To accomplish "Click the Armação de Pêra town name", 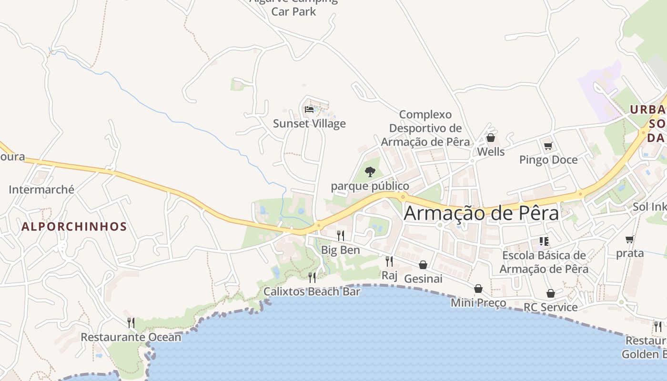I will pos(481,213).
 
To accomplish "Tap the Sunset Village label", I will pos(309,124).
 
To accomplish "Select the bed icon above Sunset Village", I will pos(309,109).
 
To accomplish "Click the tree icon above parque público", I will pos(370,171).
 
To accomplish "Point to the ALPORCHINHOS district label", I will pos(74,227).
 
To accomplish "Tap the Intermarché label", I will pos(41,190).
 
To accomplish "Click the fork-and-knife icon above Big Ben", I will pos(340,235).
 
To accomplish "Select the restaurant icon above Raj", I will pos(389,261).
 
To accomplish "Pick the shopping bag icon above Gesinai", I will pos(423,264).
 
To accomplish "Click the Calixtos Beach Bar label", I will pos(312,291).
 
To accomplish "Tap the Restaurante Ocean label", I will pos(131,337).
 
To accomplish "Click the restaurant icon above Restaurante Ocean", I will pos(131,323).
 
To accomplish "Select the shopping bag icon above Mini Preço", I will pos(478,289).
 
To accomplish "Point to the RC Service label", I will pos(550,307).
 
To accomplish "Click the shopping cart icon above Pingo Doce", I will pos(548,146).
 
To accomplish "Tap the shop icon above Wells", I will pos(491,138).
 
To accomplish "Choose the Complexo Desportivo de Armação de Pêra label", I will pos(425,128).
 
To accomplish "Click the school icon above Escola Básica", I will pos(544,241).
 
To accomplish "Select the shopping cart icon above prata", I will pos(630,239).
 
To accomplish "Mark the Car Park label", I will pos(293,11).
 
